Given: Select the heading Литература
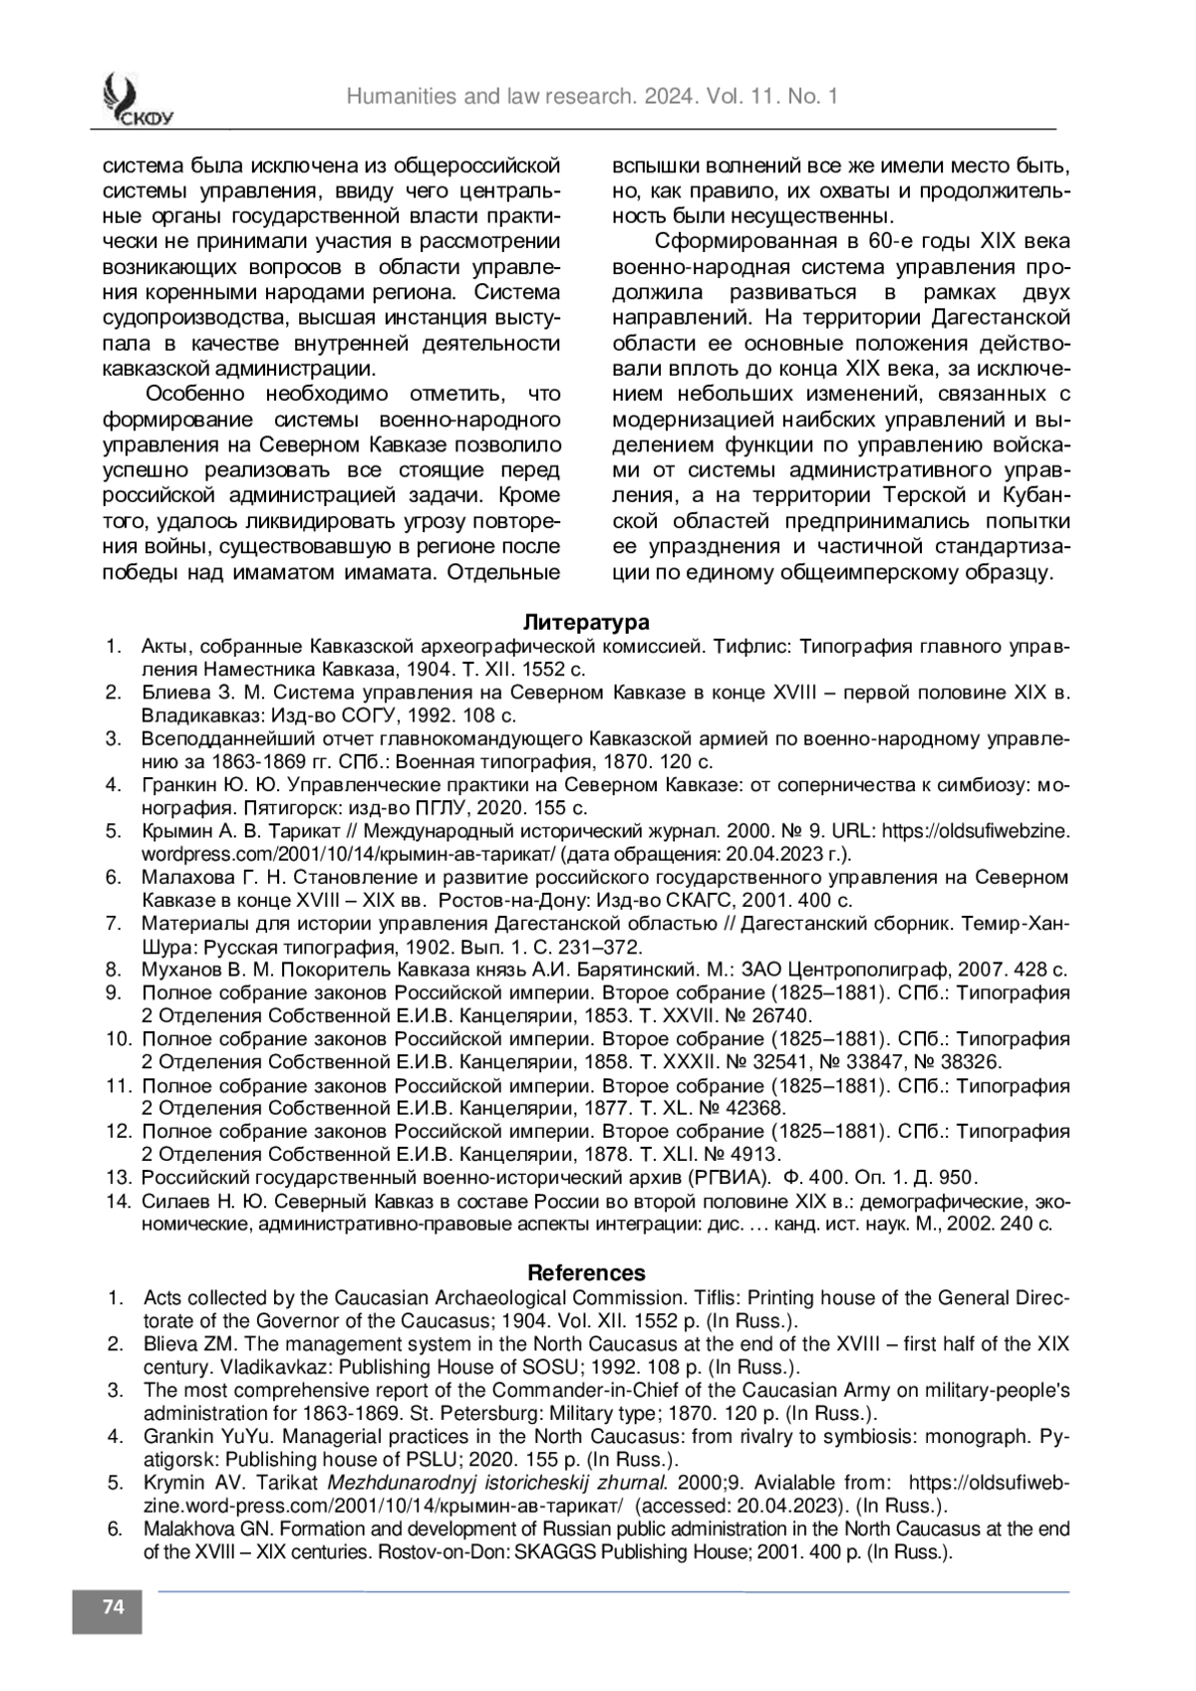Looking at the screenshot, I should point(587,623).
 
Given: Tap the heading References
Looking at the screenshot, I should point(586,1272).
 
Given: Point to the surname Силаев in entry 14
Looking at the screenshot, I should point(170,1201).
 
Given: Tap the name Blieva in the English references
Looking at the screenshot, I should point(169,1344).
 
